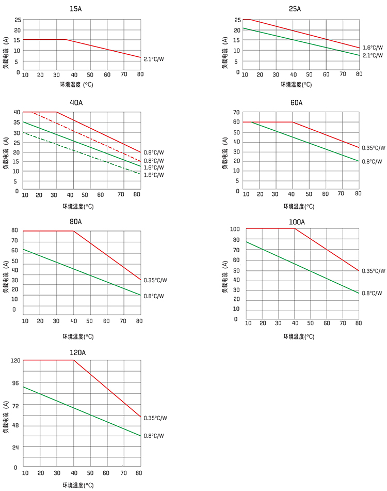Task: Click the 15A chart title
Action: click(x=75, y=9)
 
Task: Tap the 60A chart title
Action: click(x=296, y=102)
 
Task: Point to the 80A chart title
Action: click(x=75, y=221)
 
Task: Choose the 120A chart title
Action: click(x=77, y=352)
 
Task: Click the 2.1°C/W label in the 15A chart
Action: click(x=154, y=59)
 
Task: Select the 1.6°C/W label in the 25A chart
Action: click(x=373, y=48)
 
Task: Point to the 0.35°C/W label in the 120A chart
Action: click(x=155, y=418)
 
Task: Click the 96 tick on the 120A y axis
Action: click(x=14, y=383)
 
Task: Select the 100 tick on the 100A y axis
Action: click(x=235, y=229)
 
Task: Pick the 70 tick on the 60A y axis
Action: click(x=236, y=112)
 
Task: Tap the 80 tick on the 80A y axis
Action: click(x=14, y=231)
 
